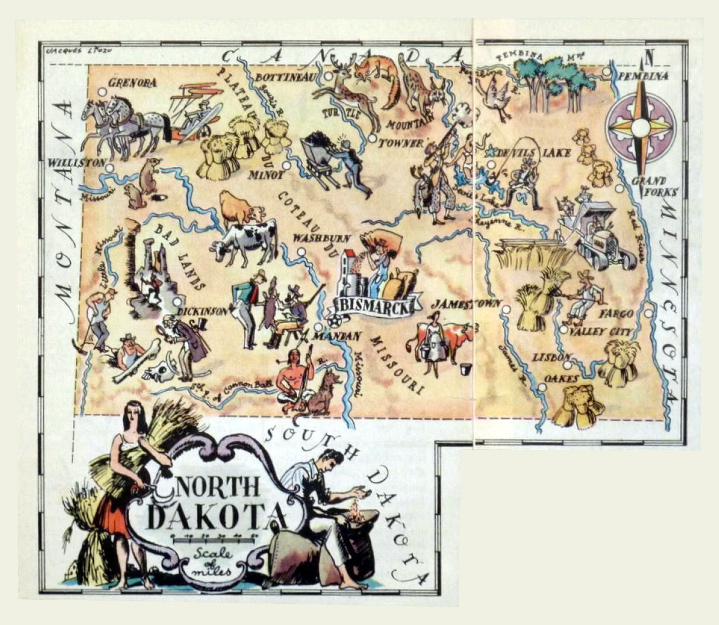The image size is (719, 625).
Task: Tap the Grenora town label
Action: click(133, 83)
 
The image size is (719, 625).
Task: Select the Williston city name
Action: click(77, 162)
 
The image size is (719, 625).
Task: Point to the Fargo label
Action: click(616, 314)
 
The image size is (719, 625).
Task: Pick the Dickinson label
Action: click(204, 311)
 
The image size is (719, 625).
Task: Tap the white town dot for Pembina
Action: click(607, 72)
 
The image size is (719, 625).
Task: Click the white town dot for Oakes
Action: click(541, 387)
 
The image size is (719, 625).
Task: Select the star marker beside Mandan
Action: click(335, 322)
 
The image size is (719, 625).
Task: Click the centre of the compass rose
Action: click(641, 127)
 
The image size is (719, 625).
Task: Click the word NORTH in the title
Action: click(218, 487)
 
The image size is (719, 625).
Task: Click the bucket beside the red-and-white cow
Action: click(466, 370)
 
